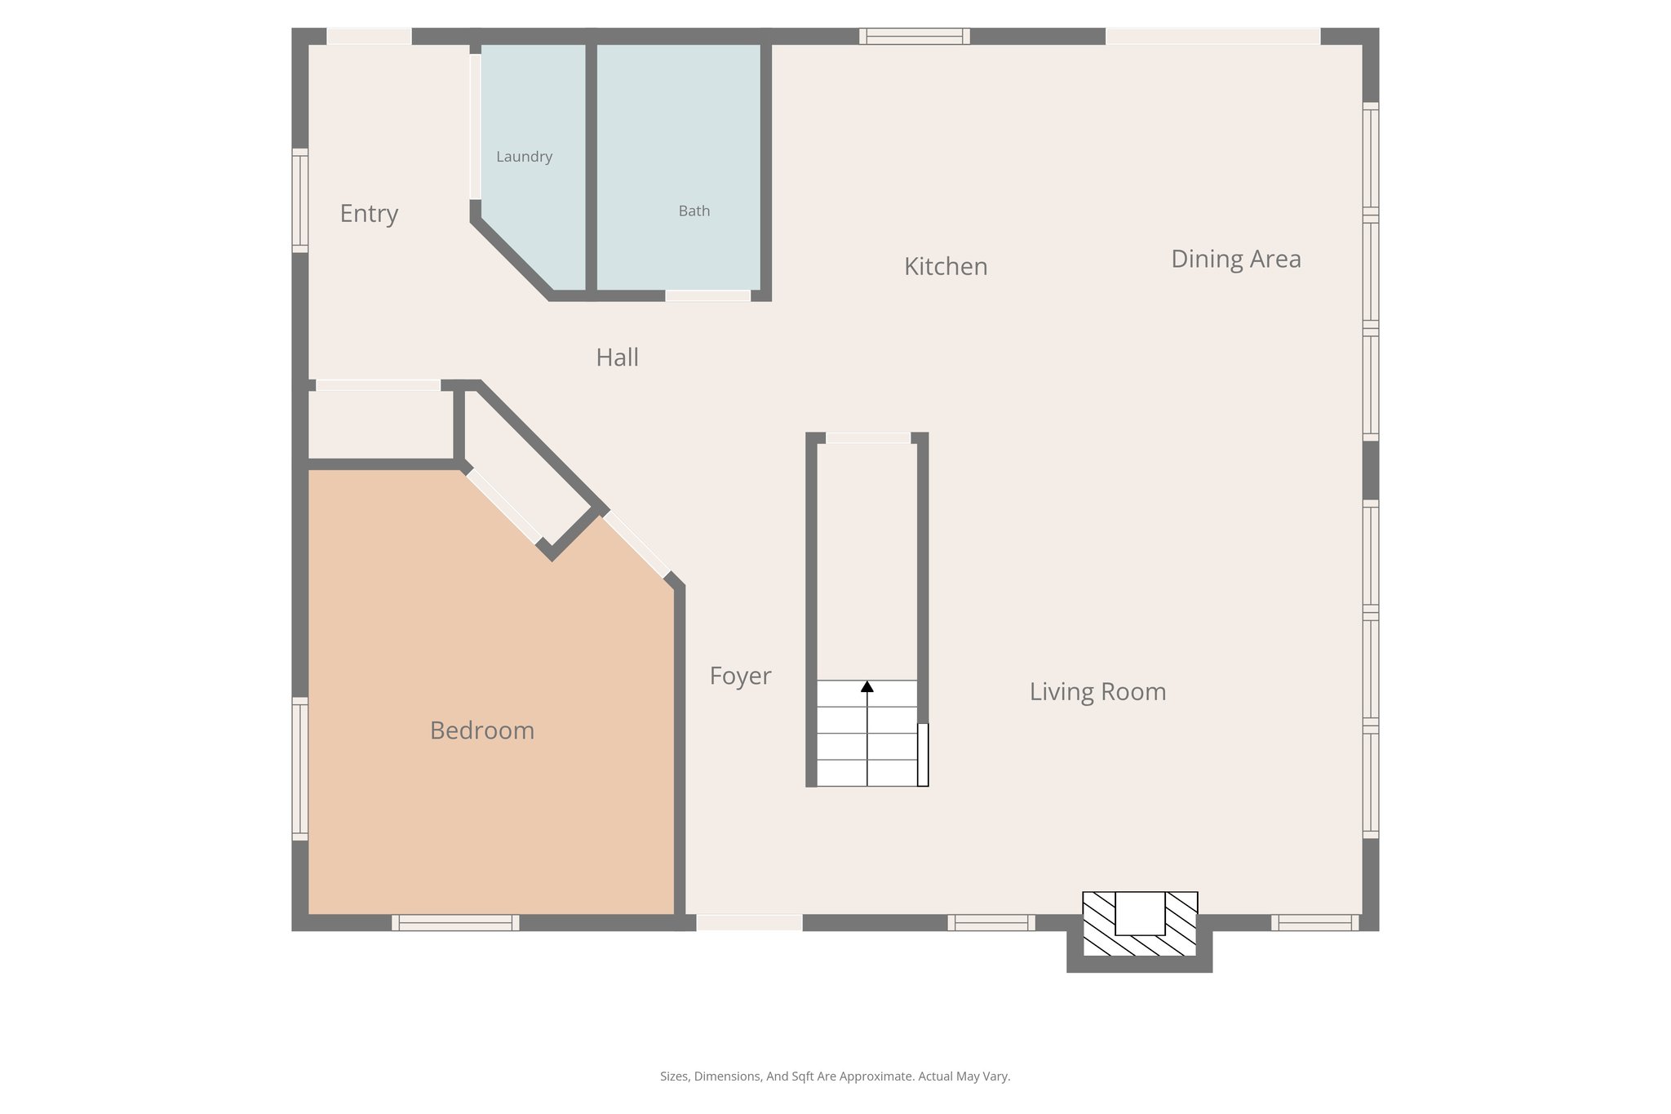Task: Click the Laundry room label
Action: click(x=524, y=157)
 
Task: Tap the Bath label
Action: click(x=694, y=211)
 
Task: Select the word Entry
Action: click(x=369, y=214)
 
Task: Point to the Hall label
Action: click(x=617, y=357)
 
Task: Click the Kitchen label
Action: click(x=946, y=267)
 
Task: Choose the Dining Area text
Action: click(x=1235, y=260)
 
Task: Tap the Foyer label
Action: click(x=740, y=676)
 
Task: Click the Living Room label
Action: click(x=1097, y=692)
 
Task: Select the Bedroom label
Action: click(x=481, y=730)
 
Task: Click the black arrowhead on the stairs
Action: click(x=867, y=687)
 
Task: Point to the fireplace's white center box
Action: click(x=1139, y=913)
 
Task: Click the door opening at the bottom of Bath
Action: click(x=707, y=295)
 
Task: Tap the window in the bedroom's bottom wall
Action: click(x=455, y=923)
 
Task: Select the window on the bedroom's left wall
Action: click(x=300, y=769)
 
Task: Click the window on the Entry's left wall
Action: click(x=300, y=201)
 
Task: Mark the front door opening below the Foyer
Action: click(x=749, y=923)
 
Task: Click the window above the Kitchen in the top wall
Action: click(x=914, y=36)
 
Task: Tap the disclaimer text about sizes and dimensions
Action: click(x=835, y=1076)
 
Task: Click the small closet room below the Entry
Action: click(x=380, y=424)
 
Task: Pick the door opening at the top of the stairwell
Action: click(x=867, y=438)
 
